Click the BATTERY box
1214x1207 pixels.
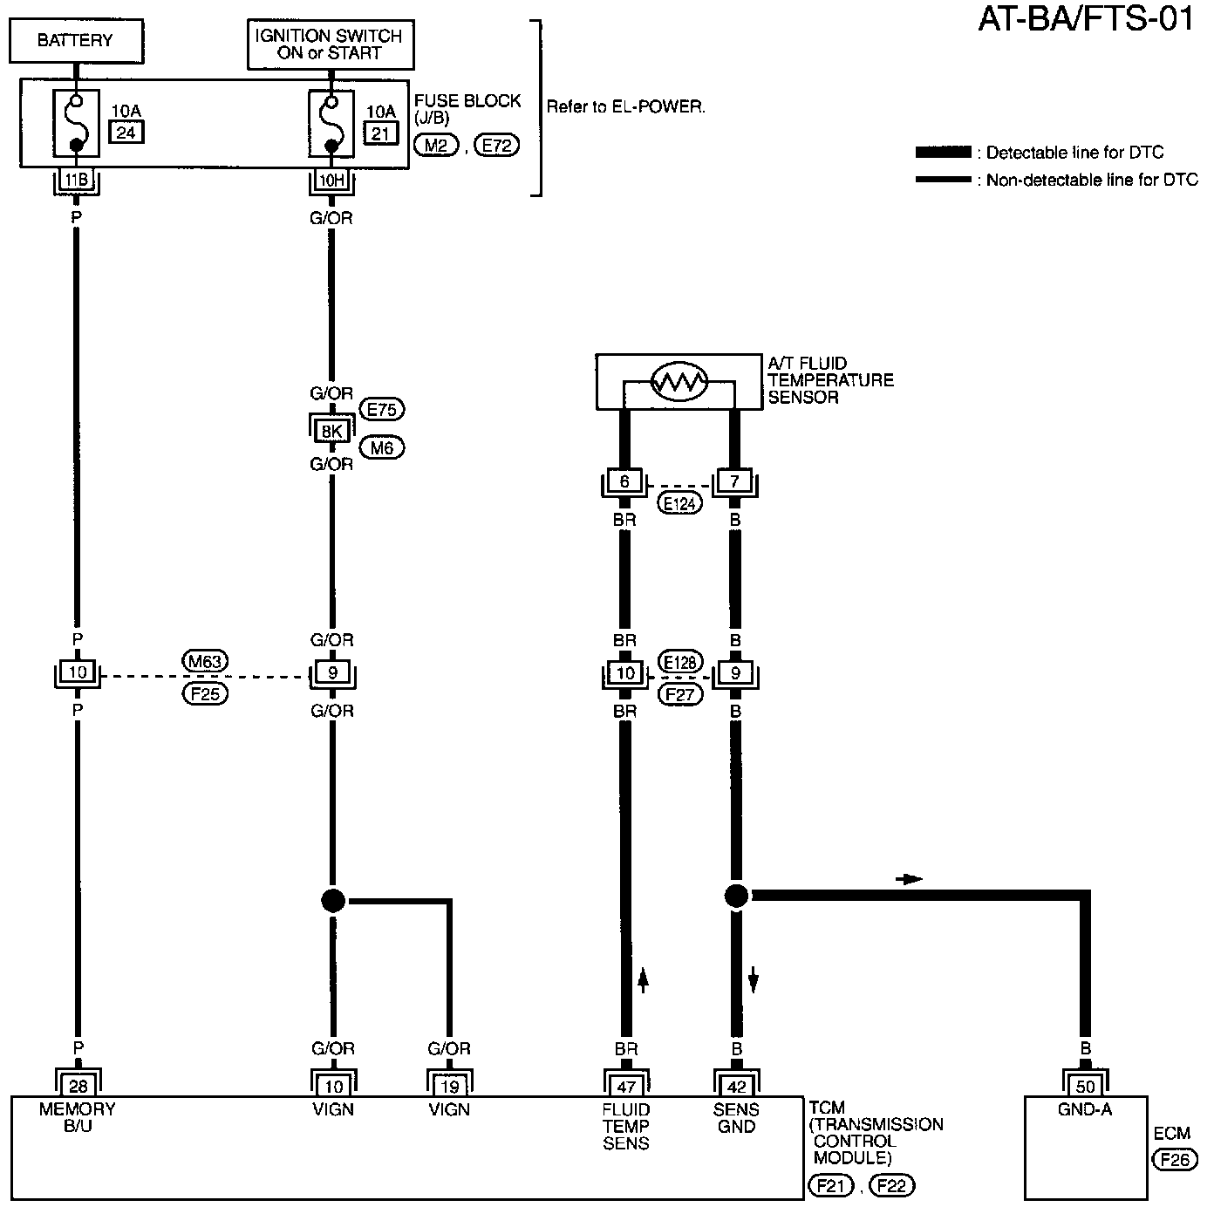(x=76, y=40)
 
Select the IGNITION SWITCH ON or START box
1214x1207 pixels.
(x=330, y=44)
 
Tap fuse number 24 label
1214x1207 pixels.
(x=126, y=132)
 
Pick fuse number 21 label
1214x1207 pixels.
(x=380, y=133)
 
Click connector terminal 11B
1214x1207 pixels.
(x=76, y=181)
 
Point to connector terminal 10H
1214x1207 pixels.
(x=331, y=181)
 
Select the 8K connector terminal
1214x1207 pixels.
(x=331, y=429)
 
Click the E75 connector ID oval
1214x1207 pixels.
(x=382, y=409)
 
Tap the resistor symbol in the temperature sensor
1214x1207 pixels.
(x=679, y=380)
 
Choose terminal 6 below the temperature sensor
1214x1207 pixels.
(x=624, y=481)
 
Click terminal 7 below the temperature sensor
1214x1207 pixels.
(x=734, y=481)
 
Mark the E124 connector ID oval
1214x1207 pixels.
(x=679, y=502)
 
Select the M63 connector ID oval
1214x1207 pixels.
(x=205, y=661)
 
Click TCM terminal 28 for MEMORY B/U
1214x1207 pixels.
(x=78, y=1085)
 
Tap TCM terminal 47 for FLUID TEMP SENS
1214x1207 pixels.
(x=625, y=1085)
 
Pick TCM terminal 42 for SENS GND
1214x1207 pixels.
(x=736, y=1085)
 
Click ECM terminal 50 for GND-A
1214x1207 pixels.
(x=1085, y=1085)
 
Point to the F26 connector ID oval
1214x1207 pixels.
(x=1173, y=1160)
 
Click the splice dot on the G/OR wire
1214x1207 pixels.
(x=333, y=900)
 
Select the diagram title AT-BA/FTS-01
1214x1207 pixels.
(x=1085, y=19)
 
